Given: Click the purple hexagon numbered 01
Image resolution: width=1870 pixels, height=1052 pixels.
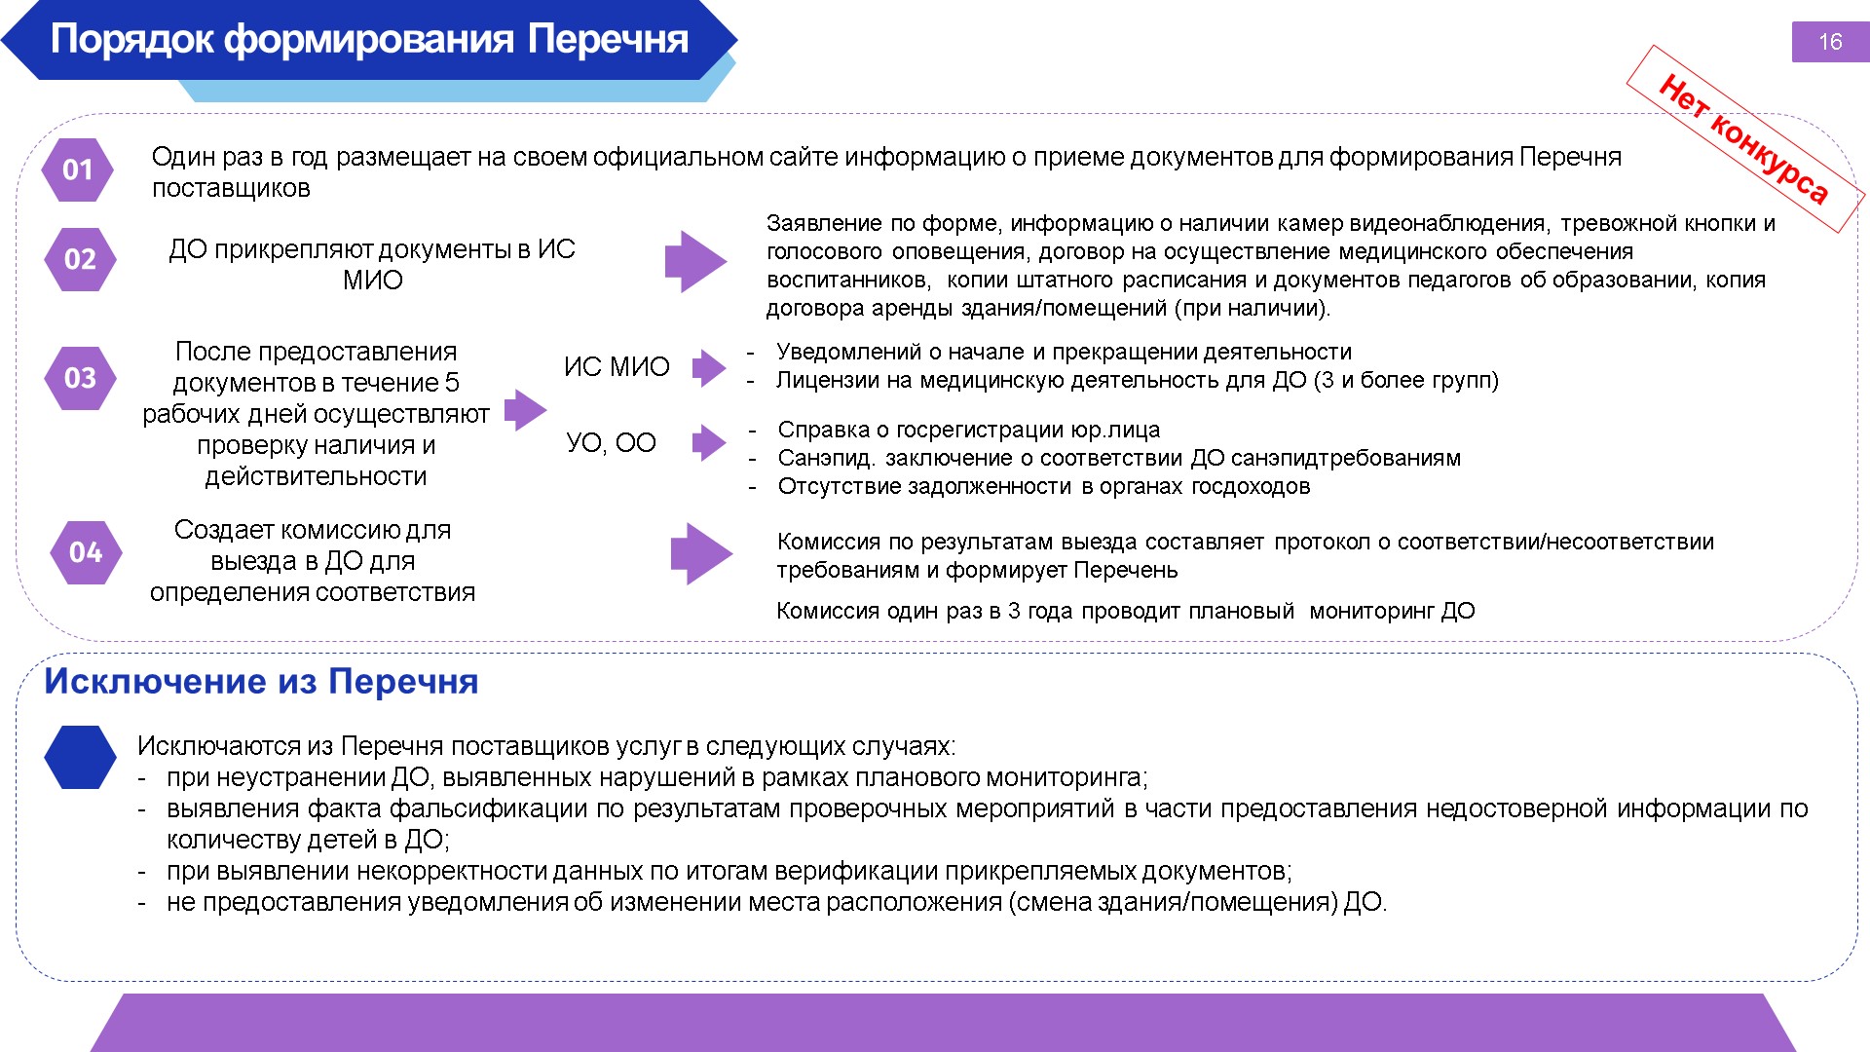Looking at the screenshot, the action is click(x=77, y=169).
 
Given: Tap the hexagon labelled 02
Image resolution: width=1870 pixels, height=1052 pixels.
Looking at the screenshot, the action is click(x=80, y=259).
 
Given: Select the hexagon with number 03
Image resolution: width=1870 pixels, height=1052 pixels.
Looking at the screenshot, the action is click(x=80, y=378).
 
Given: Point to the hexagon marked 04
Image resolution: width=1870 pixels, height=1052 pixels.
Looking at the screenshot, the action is click(x=86, y=552).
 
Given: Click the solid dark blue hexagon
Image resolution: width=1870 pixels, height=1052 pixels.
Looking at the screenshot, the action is click(x=80, y=757).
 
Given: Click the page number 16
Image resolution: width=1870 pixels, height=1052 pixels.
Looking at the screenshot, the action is click(x=1830, y=42).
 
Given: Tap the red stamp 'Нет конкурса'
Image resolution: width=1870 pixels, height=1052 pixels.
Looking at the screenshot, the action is click(x=1745, y=139).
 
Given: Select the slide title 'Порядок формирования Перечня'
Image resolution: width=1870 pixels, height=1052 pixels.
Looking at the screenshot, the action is click(x=369, y=39).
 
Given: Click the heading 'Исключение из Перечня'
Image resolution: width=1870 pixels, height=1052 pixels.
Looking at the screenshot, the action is click(x=261, y=681).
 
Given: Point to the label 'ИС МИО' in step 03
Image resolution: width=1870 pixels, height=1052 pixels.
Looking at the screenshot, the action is click(x=617, y=366).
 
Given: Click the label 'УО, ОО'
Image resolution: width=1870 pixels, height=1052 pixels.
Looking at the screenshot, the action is click(x=612, y=442).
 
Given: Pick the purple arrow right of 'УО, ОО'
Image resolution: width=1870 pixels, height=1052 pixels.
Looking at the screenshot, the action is click(x=709, y=442).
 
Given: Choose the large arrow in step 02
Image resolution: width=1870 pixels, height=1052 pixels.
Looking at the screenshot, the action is click(x=696, y=261).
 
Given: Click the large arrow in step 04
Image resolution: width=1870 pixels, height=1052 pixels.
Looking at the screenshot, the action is click(x=702, y=553).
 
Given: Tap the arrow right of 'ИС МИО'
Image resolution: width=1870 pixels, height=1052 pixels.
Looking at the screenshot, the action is click(x=709, y=368).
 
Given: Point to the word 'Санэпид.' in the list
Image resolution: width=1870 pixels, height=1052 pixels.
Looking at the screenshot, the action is click(x=826, y=458).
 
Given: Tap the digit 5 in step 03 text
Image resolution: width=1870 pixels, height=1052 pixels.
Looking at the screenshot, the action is click(x=452, y=382).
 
